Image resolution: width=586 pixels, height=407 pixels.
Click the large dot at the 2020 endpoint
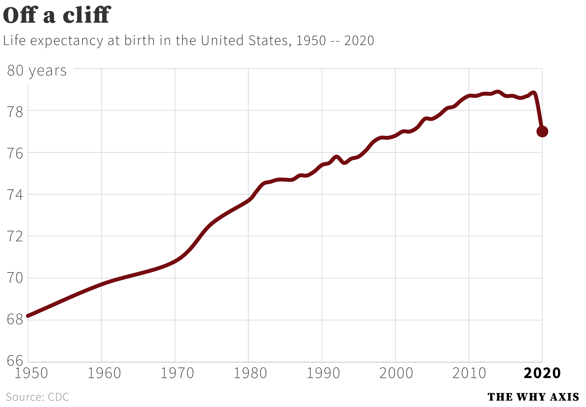[x=542, y=132]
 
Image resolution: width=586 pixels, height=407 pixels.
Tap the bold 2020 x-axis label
[x=542, y=373]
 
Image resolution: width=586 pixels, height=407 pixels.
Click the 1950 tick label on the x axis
[x=31, y=373]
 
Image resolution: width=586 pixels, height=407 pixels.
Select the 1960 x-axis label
[x=104, y=373]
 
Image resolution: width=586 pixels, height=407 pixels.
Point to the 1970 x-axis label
[x=177, y=373]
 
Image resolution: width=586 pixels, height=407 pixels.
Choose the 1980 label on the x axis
[x=250, y=373]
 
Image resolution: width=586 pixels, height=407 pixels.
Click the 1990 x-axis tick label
[x=323, y=373]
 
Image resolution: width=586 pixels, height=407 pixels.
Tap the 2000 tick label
[x=396, y=373]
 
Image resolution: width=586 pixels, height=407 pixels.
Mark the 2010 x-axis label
[x=469, y=373]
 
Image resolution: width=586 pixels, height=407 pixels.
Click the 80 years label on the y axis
[x=37, y=71]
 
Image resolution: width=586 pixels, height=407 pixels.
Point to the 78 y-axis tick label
[x=15, y=112]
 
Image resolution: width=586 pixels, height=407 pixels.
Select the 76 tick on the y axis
[x=15, y=154]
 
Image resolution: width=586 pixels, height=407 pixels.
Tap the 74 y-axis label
[x=15, y=195]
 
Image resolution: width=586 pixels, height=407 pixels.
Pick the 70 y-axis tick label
[x=15, y=278]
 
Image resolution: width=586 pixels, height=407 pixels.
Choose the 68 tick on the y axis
[x=15, y=319]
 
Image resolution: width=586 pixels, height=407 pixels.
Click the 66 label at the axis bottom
[x=15, y=361]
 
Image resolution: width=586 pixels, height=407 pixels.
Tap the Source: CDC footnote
[x=37, y=397]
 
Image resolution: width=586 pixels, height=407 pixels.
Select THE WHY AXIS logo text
[x=533, y=397]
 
